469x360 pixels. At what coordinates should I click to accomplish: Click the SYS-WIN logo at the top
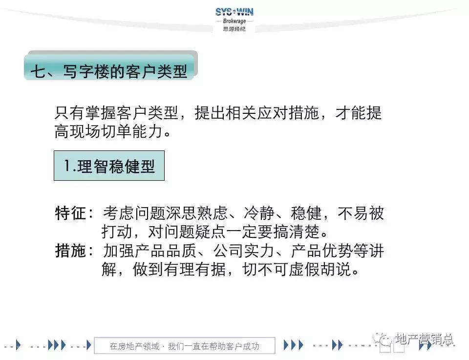click(x=234, y=12)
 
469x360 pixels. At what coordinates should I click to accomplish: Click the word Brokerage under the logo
click(x=234, y=21)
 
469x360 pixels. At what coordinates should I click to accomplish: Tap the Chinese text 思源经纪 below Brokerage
click(x=234, y=29)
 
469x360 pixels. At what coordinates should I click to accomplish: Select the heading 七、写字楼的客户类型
click(x=109, y=71)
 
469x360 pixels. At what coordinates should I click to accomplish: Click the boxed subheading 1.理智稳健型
click(x=109, y=166)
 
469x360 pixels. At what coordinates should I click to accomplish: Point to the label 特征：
click(x=75, y=213)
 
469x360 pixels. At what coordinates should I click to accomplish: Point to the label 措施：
click(x=75, y=251)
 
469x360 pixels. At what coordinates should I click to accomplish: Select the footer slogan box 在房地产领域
click(x=184, y=346)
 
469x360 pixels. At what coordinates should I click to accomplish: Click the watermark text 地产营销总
click(x=425, y=339)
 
